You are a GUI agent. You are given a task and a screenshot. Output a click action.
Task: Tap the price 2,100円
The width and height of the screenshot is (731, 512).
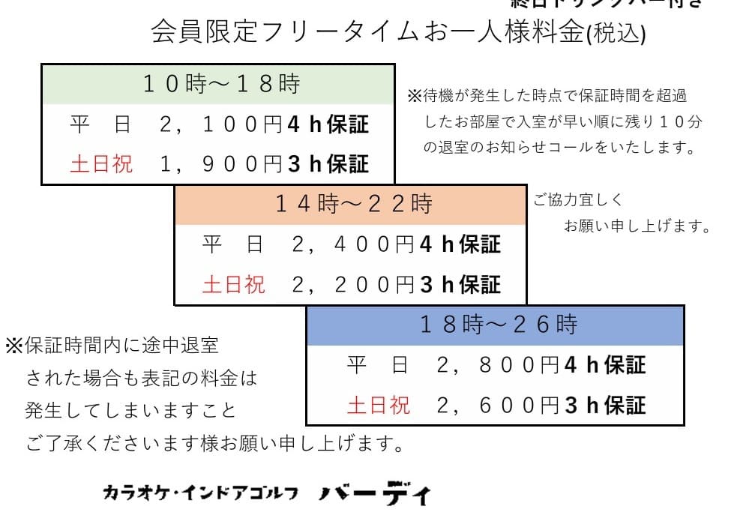[x=222, y=124]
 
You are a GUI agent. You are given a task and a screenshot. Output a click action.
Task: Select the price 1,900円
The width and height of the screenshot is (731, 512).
[x=222, y=163]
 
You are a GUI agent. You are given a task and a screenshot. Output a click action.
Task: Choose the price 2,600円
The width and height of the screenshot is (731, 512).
[x=499, y=406]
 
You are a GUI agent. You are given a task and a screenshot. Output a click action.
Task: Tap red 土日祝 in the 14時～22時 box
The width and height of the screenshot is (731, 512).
[x=234, y=285]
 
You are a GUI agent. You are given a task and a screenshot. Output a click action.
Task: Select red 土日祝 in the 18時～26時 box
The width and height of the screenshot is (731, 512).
[x=379, y=406]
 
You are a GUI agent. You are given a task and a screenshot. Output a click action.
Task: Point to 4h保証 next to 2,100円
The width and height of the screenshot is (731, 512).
[x=328, y=124]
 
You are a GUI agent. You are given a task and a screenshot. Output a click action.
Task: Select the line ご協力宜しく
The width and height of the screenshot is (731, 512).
[x=578, y=201]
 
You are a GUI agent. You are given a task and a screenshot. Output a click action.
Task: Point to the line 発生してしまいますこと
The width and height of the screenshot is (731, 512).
[x=130, y=412]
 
